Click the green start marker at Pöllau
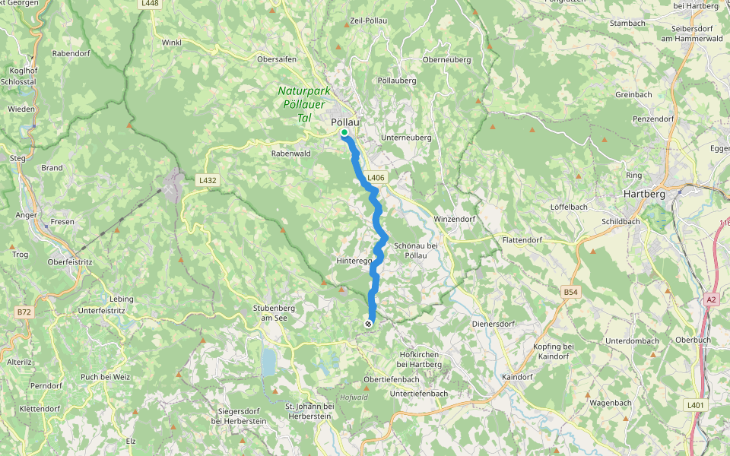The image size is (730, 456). (x=344, y=133)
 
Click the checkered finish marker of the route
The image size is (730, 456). (x=369, y=325)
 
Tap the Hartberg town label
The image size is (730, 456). (x=644, y=194)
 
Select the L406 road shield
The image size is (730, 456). (x=376, y=178)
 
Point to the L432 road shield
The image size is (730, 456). (x=207, y=180)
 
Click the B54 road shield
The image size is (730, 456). (x=571, y=292)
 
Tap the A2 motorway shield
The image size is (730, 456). (x=711, y=299)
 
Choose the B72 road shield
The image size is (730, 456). (x=25, y=312)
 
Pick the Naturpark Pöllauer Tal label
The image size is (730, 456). (x=302, y=103)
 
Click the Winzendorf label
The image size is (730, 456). (x=454, y=219)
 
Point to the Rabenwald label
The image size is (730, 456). (x=289, y=153)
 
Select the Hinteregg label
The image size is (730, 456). (x=354, y=261)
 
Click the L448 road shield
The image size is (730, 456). (x=151, y=3)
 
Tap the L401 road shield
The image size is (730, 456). (x=695, y=405)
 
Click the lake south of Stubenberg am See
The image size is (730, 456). (x=268, y=363)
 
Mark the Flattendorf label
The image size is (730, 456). (x=523, y=240)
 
